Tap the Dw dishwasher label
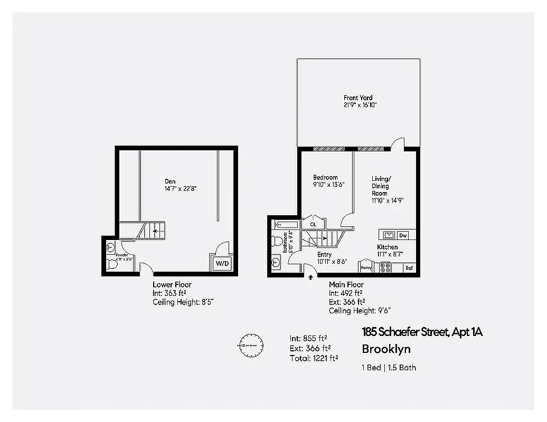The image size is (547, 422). click(403, 235)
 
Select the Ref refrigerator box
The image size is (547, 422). click(409, 268)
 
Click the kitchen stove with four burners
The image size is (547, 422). click(384, 267)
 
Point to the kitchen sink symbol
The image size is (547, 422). click(388, 235)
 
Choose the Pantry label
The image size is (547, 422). click(366, 268)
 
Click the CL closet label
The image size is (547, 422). click(313, 224)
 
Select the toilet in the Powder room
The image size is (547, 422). click(110, 264)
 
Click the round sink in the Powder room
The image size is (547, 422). click(110, 246)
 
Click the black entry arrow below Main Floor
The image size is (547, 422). click(310, 276)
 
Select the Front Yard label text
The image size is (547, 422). click(358, 98)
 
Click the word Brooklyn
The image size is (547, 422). click(386, 349)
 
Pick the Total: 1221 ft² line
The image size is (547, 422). click(314, 359)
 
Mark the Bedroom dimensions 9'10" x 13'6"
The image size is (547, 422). click(329, 185)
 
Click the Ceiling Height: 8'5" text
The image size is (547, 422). click(183, 302)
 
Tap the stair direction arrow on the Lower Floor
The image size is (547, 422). click(155, 230)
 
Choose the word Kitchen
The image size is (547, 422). click(387, 247)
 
